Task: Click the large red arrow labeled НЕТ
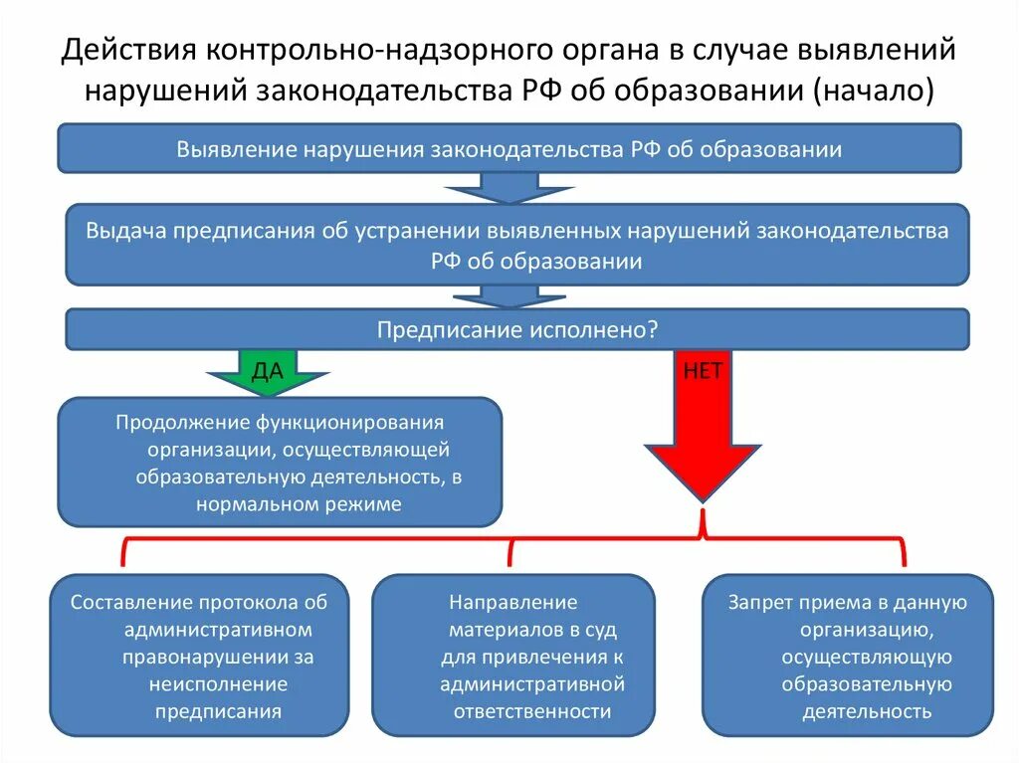(x=703, y=428)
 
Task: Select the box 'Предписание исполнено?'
(x=516, y=329)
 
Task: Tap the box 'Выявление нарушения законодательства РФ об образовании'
(x=509, y=149)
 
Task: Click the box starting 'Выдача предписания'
(x=516, y=245)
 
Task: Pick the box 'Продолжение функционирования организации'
(x=279, y=462)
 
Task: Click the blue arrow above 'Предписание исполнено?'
(x=495, y=296)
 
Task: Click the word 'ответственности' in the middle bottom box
(x=532, y=711)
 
